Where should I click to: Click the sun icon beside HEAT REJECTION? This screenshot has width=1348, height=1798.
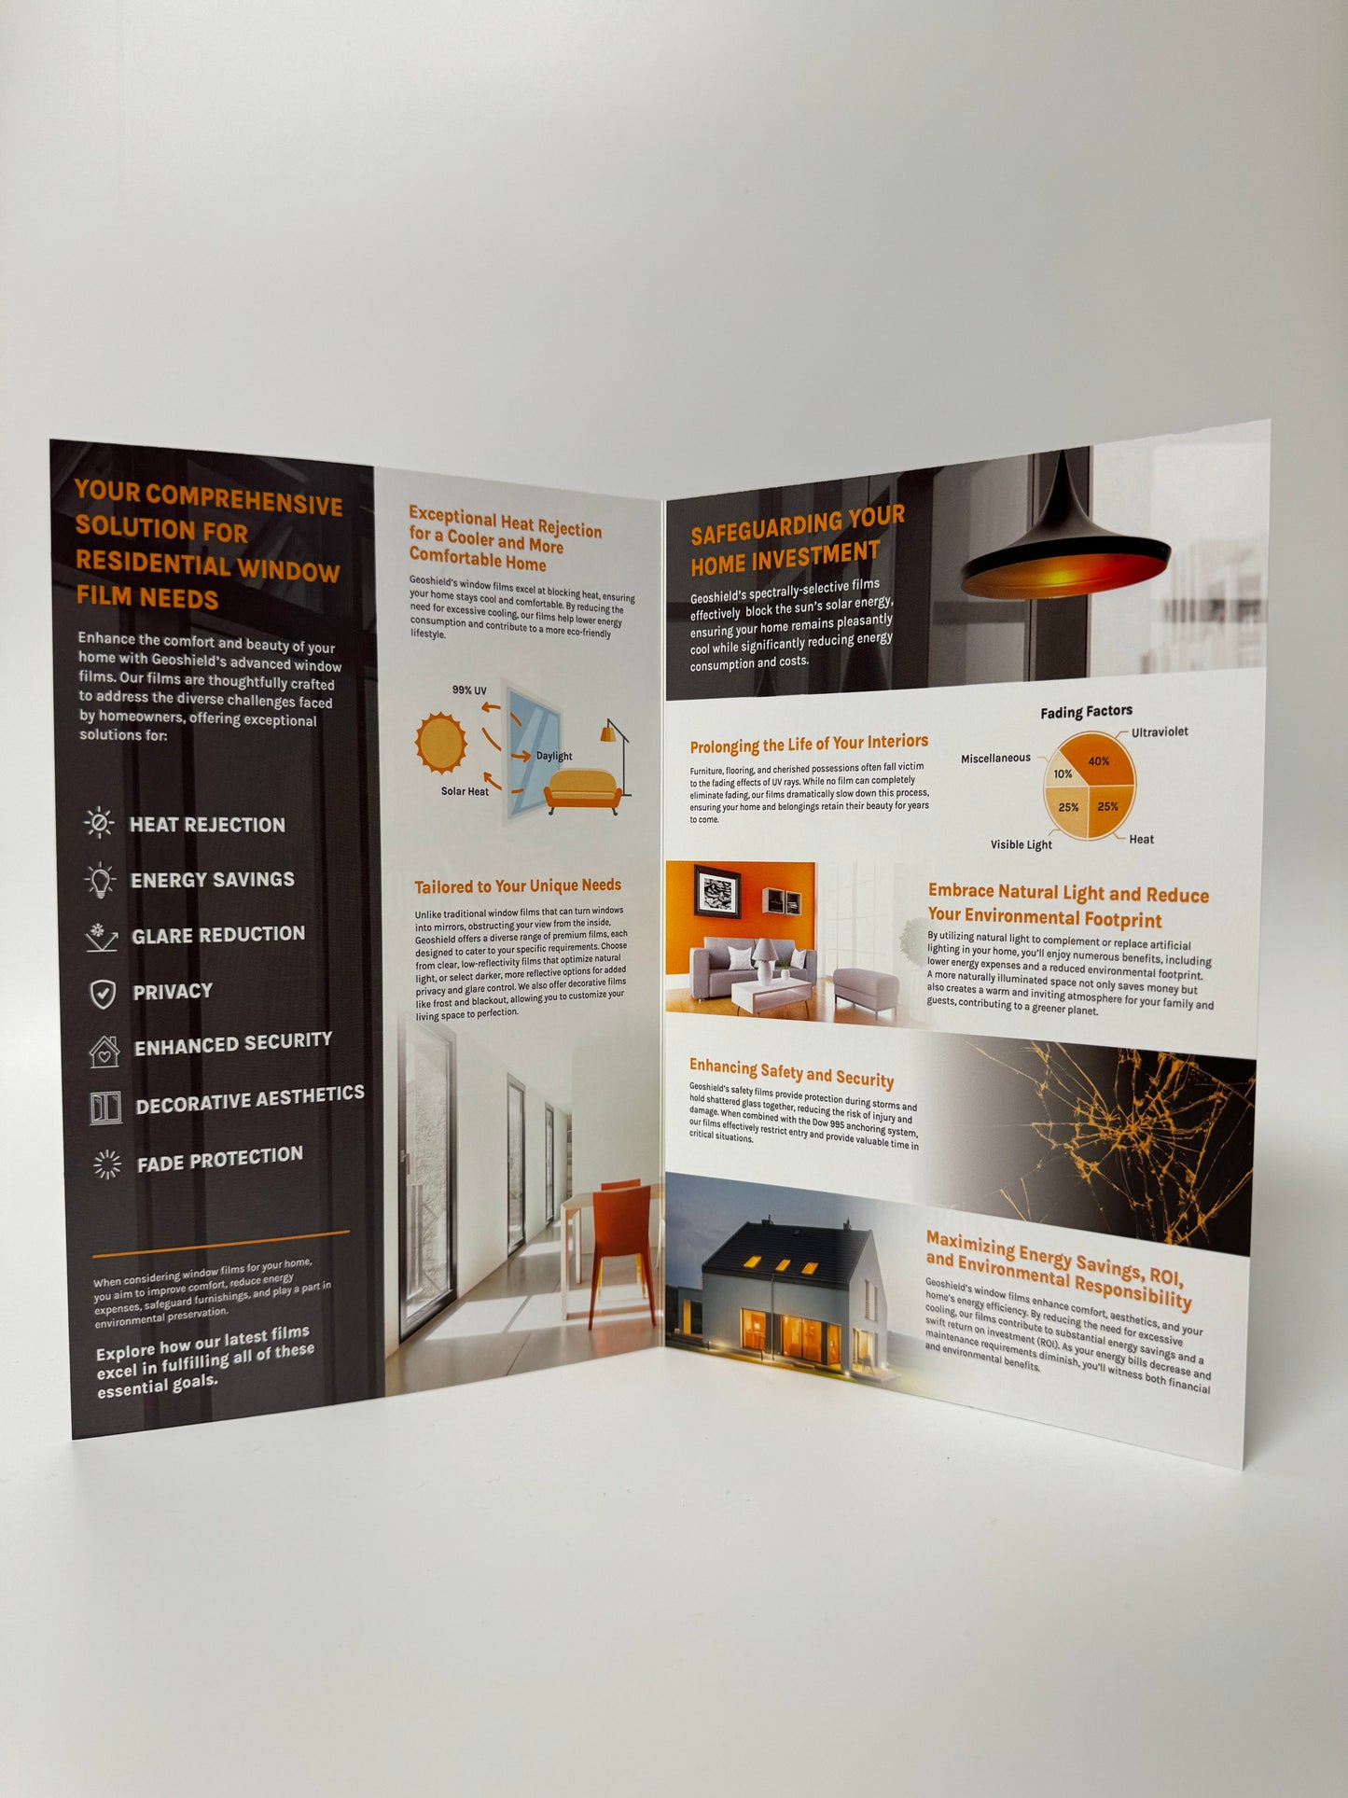(x=99, y=823)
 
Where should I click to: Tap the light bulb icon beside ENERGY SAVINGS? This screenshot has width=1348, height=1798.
(x=100, y=879)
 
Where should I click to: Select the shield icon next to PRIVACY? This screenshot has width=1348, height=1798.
(x=103, y=994)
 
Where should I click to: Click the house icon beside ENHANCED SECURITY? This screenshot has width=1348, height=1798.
(x=104, y=1051)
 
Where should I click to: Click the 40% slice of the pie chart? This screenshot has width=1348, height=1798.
(x=1103, y=762)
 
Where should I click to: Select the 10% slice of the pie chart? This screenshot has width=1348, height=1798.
(x=1063, y=774)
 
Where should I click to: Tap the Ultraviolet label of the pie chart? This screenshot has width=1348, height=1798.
(x=1160, y=732)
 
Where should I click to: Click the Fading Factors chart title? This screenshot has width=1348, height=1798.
(x=1086, y=712)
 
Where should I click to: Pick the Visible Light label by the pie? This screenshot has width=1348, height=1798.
(x=1021, y=844)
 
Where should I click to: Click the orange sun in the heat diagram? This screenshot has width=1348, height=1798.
(x=440, y=743)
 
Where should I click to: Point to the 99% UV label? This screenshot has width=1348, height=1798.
(x=469, y=690)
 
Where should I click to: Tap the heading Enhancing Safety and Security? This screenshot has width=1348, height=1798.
(x=791, y=1072)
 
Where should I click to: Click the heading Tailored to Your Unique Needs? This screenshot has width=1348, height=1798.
(x=518, y=885)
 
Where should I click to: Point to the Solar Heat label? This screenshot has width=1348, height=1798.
(x=465, y=791)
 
